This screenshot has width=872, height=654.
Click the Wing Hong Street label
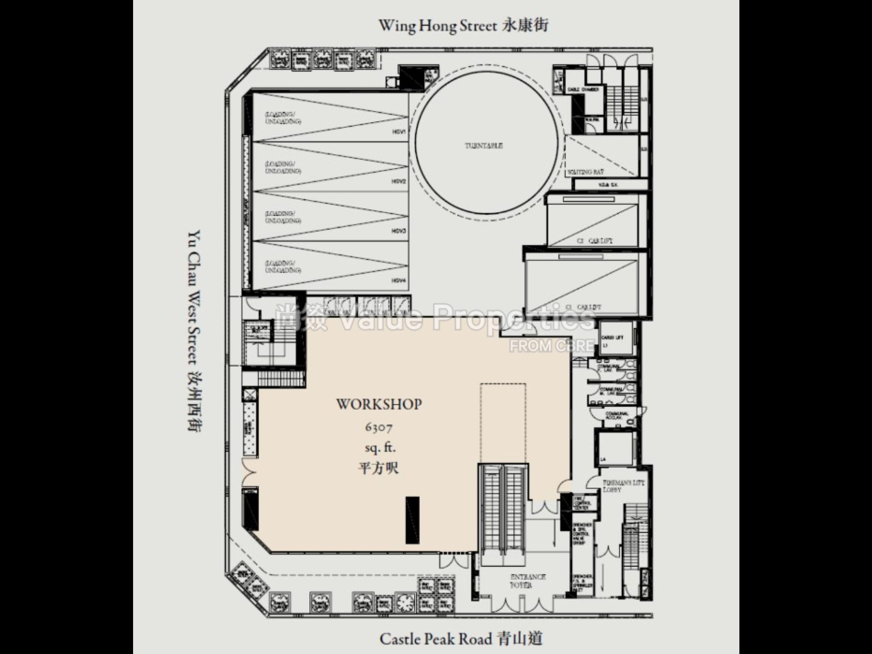[463, 25]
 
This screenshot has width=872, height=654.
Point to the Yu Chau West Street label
[195, 331]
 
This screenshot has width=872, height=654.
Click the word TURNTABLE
[484, 146]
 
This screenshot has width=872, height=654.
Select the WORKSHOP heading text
[379, 404]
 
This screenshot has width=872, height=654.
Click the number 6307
[378, 427]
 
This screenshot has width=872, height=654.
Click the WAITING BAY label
[585, 173]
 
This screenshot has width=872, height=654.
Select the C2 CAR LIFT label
[595, 241]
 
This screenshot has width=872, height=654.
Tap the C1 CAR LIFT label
[583, 307]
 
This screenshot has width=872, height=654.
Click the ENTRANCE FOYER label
[527, 581]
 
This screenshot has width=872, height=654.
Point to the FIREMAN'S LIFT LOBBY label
[623, 486]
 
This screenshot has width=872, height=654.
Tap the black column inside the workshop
[412, 520]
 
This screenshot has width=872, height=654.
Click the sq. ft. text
[380, 448]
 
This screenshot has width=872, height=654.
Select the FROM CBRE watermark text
[551, 346]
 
